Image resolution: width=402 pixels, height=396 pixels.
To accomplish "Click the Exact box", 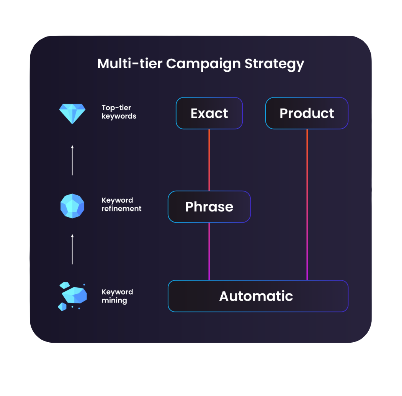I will [x=209, y=113].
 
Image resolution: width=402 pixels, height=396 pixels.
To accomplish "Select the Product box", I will [x=307, y=113].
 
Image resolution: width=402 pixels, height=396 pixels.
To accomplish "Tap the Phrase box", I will [x=209, y=207].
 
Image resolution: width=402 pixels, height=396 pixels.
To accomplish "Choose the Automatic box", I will [x=258, y=296].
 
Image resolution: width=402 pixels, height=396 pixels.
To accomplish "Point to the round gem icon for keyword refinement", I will [x=72, y=206].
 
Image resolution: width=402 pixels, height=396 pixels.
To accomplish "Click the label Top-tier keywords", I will [x=119, y=112].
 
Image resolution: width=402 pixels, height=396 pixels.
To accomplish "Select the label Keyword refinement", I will [x=121, y=205].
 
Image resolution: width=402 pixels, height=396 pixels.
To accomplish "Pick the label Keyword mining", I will [x=117, y=296].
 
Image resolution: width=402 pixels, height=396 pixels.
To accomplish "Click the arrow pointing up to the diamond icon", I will [x=72, y=160].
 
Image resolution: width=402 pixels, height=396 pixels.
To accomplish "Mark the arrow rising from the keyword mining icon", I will [x=72, y=249].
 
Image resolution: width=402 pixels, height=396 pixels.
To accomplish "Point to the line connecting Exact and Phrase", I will [x=209, y=160].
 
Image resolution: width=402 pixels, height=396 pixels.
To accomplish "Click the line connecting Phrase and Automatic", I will [x=209, y=251].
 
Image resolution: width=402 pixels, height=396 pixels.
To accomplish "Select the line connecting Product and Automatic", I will [x=307, y=205].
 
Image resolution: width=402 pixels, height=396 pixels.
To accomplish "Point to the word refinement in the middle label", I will [x=121, y=209].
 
